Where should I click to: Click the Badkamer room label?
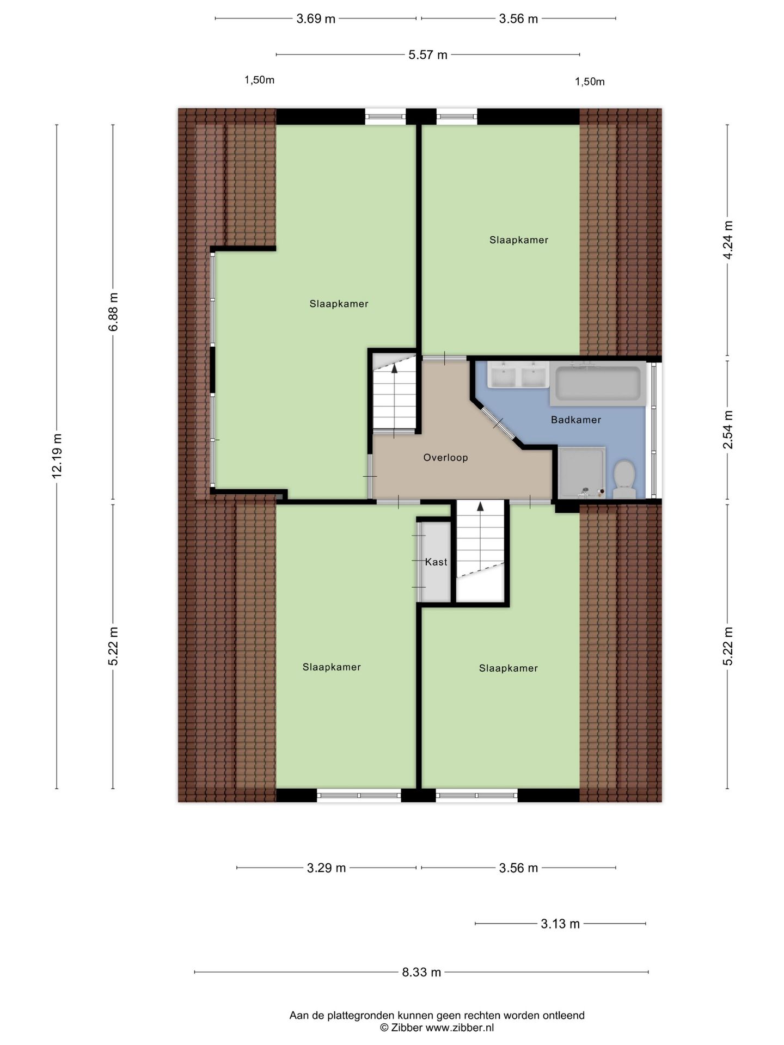click(x=575, y=420)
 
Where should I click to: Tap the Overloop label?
click(x=445, y=458)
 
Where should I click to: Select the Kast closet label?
click(x=436, y=562)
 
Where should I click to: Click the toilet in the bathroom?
click(x=624, y=478)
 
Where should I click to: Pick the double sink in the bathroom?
click(x=518, y=375)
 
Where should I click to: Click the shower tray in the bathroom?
click(x=581, y=471)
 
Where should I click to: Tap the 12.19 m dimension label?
click(x=57, y=456)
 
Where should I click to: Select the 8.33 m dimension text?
click(x=421, y=972)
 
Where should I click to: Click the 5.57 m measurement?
click(x=428, y=55)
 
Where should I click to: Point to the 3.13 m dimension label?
click(x=560, y=924)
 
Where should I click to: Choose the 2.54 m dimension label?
click(x=728, y=429)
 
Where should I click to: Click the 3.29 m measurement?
click(x=326, y=868)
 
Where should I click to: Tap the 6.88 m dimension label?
click(x=113, y=312)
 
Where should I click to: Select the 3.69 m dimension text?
click(x=316, y=19)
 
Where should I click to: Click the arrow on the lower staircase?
click(x=480, y=507)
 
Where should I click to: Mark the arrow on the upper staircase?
click(x=394, y=368)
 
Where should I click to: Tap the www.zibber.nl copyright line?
click(x=437, y=1028)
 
